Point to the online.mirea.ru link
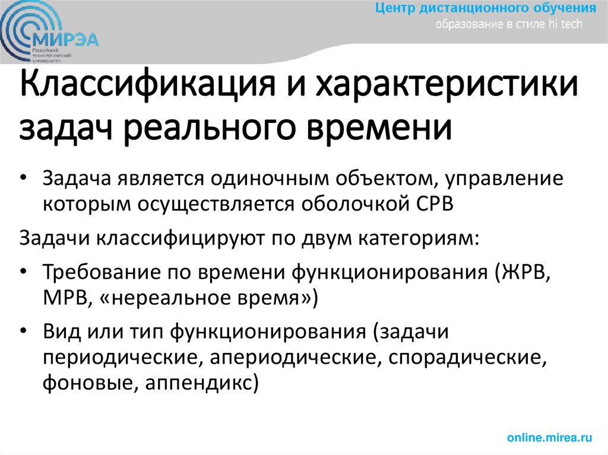[550, 438]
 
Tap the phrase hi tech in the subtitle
[567, 24]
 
